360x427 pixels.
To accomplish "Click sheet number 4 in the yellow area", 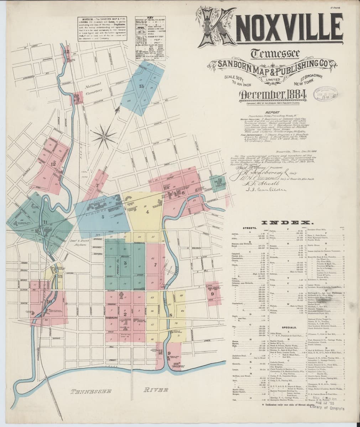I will [147, 212].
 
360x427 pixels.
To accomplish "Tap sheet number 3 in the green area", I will [125, 263].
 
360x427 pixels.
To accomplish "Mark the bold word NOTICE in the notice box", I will [88, 18].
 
